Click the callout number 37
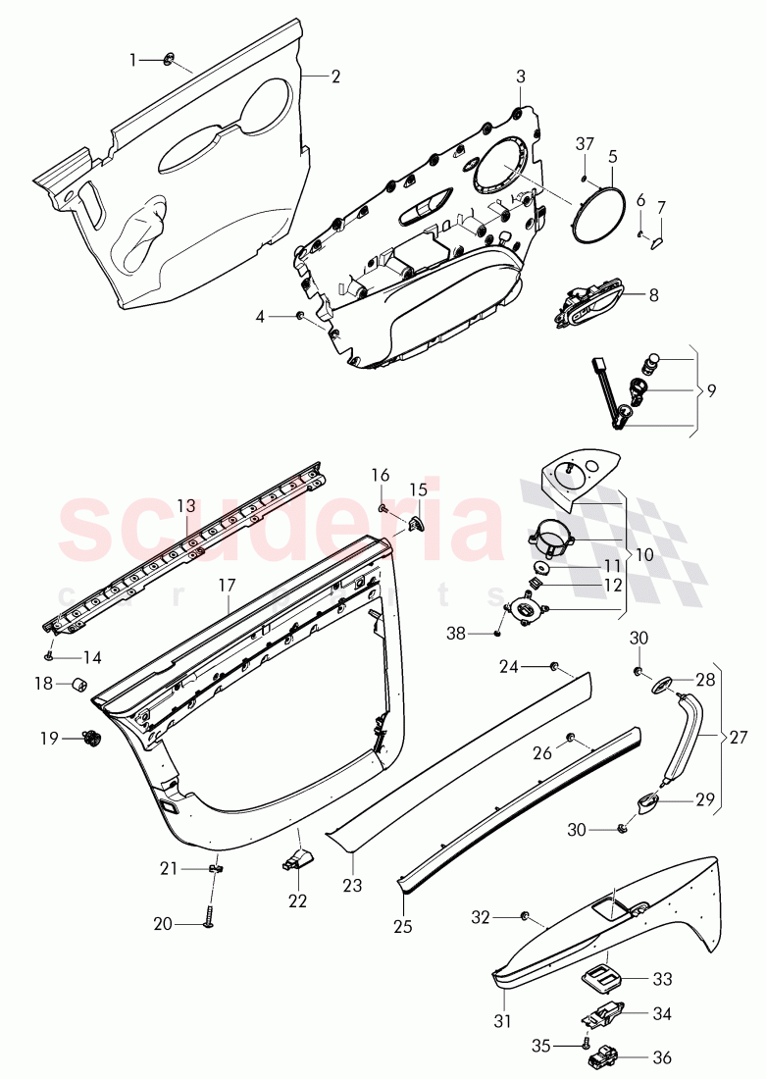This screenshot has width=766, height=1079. (x=585, y=144)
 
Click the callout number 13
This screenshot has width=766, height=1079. (x=185, y=506)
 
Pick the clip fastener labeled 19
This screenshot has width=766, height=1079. (x=91, y=739)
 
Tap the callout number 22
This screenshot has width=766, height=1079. (x=297, y=900)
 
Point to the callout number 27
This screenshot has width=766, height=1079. (x=739, y=737)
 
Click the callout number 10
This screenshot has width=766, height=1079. (x=644, y=554)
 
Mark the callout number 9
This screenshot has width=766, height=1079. (x=711, y=390)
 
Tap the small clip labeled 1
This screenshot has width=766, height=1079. (x=167, y=61)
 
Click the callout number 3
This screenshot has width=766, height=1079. (x=521, y=77)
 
